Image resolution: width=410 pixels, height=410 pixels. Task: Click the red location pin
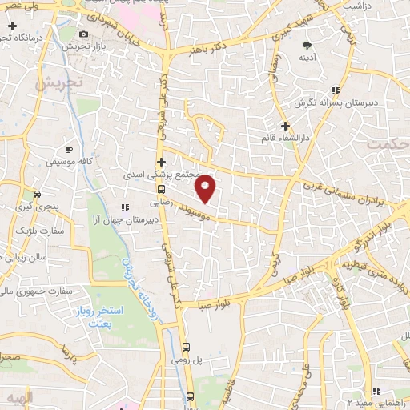click(206, 188)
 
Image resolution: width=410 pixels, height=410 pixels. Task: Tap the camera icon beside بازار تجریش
click(85, 34)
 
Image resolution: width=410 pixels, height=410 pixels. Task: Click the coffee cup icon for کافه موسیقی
click(70, 149)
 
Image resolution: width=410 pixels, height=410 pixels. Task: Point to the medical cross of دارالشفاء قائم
click(286, 125)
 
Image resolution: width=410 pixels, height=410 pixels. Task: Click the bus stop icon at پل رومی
click(186, 347)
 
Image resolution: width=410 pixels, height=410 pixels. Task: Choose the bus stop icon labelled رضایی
click(162, 190)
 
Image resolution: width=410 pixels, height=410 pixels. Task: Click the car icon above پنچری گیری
click(38, 195)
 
